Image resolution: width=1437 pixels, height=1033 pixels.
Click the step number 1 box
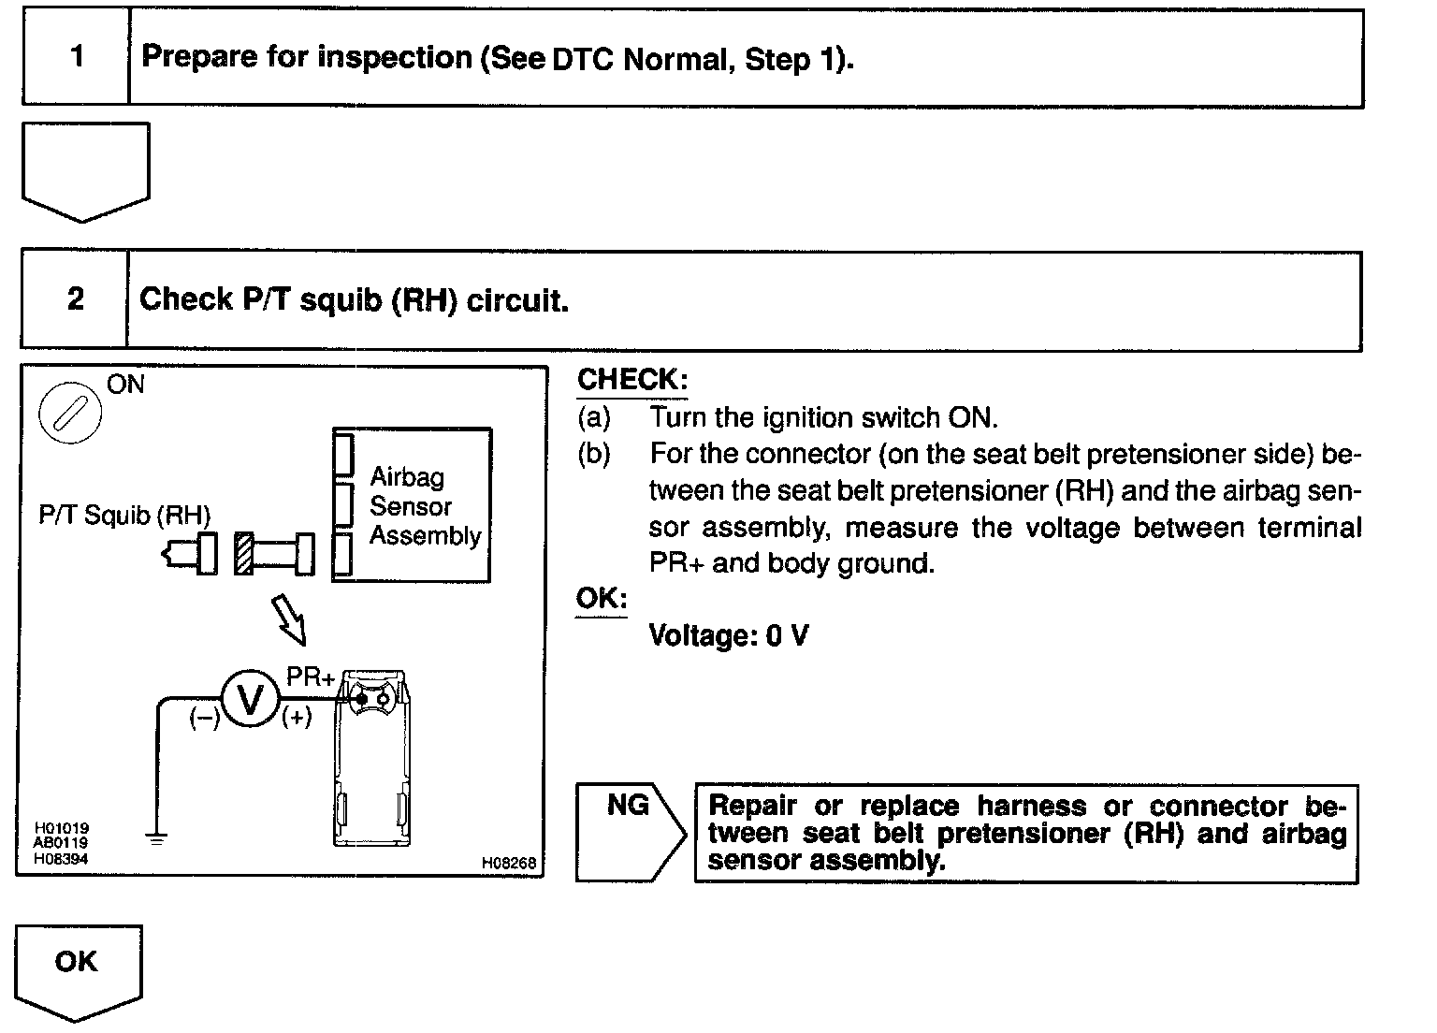pyautogui.click(x=76, y=57)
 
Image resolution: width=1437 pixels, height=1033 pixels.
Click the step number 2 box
pyautogui.click(x=75, y=299)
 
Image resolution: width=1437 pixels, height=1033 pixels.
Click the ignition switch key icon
pyautogui.click(x=71, y=412)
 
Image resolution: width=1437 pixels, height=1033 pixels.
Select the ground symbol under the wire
pyautogui.click(x=157, y=838)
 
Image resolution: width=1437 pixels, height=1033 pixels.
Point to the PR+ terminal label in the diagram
pyautogui.click(x=310, y=677)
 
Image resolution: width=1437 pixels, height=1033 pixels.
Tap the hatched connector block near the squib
pyautogui.click(x=244, y=553)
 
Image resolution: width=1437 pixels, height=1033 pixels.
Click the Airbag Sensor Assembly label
pyautogui.click(x=425, y=506)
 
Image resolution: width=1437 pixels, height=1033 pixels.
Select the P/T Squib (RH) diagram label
pyautogui.click(x=124, y=515)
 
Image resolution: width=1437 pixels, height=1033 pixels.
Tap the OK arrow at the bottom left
pyautogui.click(x=77, y=968)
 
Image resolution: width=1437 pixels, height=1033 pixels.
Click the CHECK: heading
pyautogui.click(x=632, y=380)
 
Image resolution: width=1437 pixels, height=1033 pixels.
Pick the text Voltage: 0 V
pyautogui.click(x=729, y=636)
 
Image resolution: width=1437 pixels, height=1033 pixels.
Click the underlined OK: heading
pyautogui.click(x=601, y=599)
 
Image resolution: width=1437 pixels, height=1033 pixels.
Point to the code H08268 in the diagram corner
pyautogui.click(x=509, y=864)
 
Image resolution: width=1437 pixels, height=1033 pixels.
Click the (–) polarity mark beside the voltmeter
pyautogui.click(x=204, y=719)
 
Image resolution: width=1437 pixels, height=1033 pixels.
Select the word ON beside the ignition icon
pyautogui.click(x=126, y=385)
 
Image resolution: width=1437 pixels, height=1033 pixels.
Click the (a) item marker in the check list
pyautogui.click(x=594, y=417)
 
